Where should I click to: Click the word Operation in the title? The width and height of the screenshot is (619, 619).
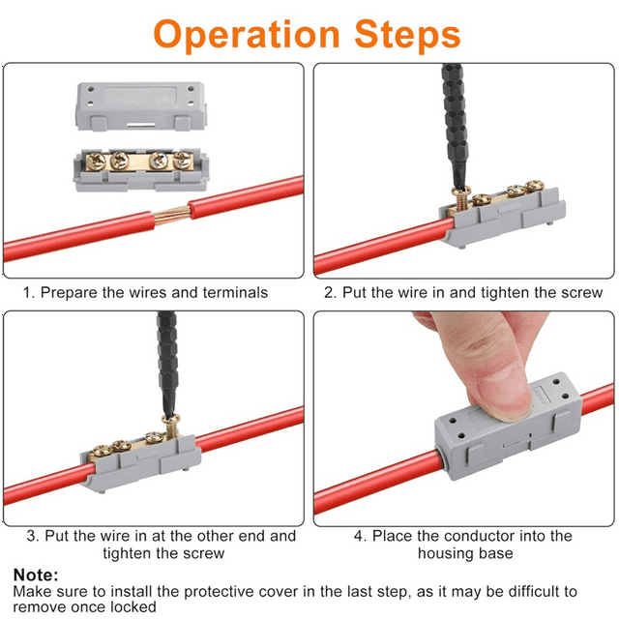coord(247,36)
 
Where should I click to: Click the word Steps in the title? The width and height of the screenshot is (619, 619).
coord(408,35)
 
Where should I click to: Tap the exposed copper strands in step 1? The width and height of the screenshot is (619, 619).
coord(171,215)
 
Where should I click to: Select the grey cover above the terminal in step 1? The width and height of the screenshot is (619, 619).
coord(141,105)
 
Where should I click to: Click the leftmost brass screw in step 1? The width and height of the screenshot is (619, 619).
coord(96,162)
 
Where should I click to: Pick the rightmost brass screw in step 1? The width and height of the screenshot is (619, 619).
coord(183,160)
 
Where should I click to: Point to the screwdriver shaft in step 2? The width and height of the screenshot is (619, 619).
coord(456,127)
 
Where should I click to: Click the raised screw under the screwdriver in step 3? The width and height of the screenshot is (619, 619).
coord(171,426)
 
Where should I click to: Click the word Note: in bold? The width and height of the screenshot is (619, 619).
coord(36,575)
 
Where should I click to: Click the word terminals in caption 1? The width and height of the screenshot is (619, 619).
coord(235,292)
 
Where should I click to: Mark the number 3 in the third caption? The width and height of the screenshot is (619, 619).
coord(32,536)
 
